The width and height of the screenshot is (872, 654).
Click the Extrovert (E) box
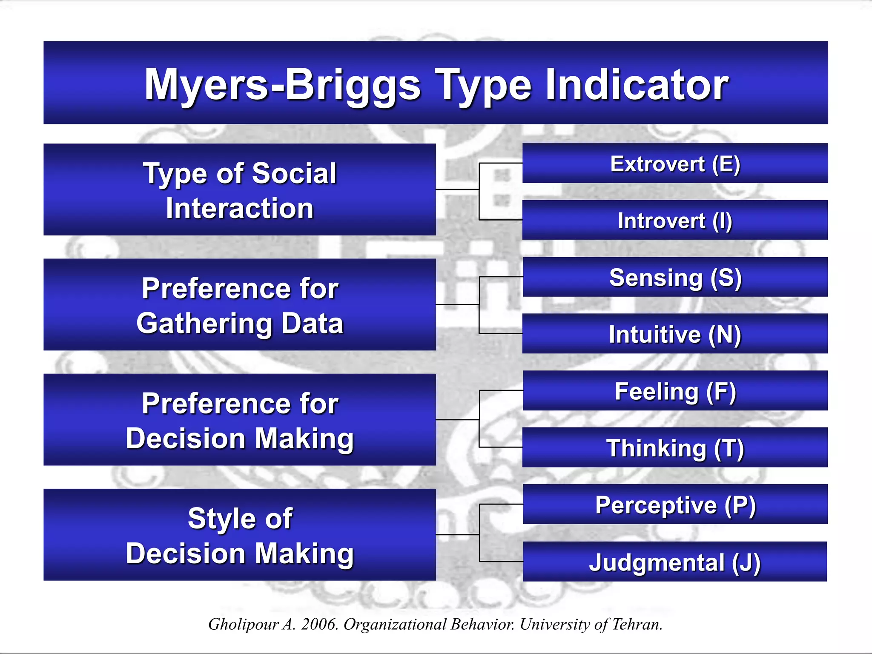click(x=675, y=163)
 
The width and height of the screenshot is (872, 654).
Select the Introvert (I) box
click(x=675, y=220)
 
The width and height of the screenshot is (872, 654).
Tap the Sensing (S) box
click(x=675, y=277)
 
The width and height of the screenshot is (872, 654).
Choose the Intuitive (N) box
click(x=675, y=334)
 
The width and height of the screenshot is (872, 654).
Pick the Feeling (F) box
click(x=675, y=391)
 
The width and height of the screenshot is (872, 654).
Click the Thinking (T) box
click(x=675, y=447)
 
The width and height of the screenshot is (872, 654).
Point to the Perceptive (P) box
click(x=675, y=505)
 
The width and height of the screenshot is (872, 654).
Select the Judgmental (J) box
click(x=675, y=562)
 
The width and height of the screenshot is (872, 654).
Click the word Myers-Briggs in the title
click(x=283, y=85)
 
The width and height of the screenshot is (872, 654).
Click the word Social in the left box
click(x=294, y=173)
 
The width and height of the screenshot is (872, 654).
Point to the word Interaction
click(x=240, y=208)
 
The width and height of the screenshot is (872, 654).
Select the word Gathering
click(x=204, y=323)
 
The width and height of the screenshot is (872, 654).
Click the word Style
click(x=219, y=519)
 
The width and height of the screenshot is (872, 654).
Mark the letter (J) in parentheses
click(x=746, y=562)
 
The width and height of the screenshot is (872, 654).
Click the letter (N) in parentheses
click(x=725, y=335)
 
